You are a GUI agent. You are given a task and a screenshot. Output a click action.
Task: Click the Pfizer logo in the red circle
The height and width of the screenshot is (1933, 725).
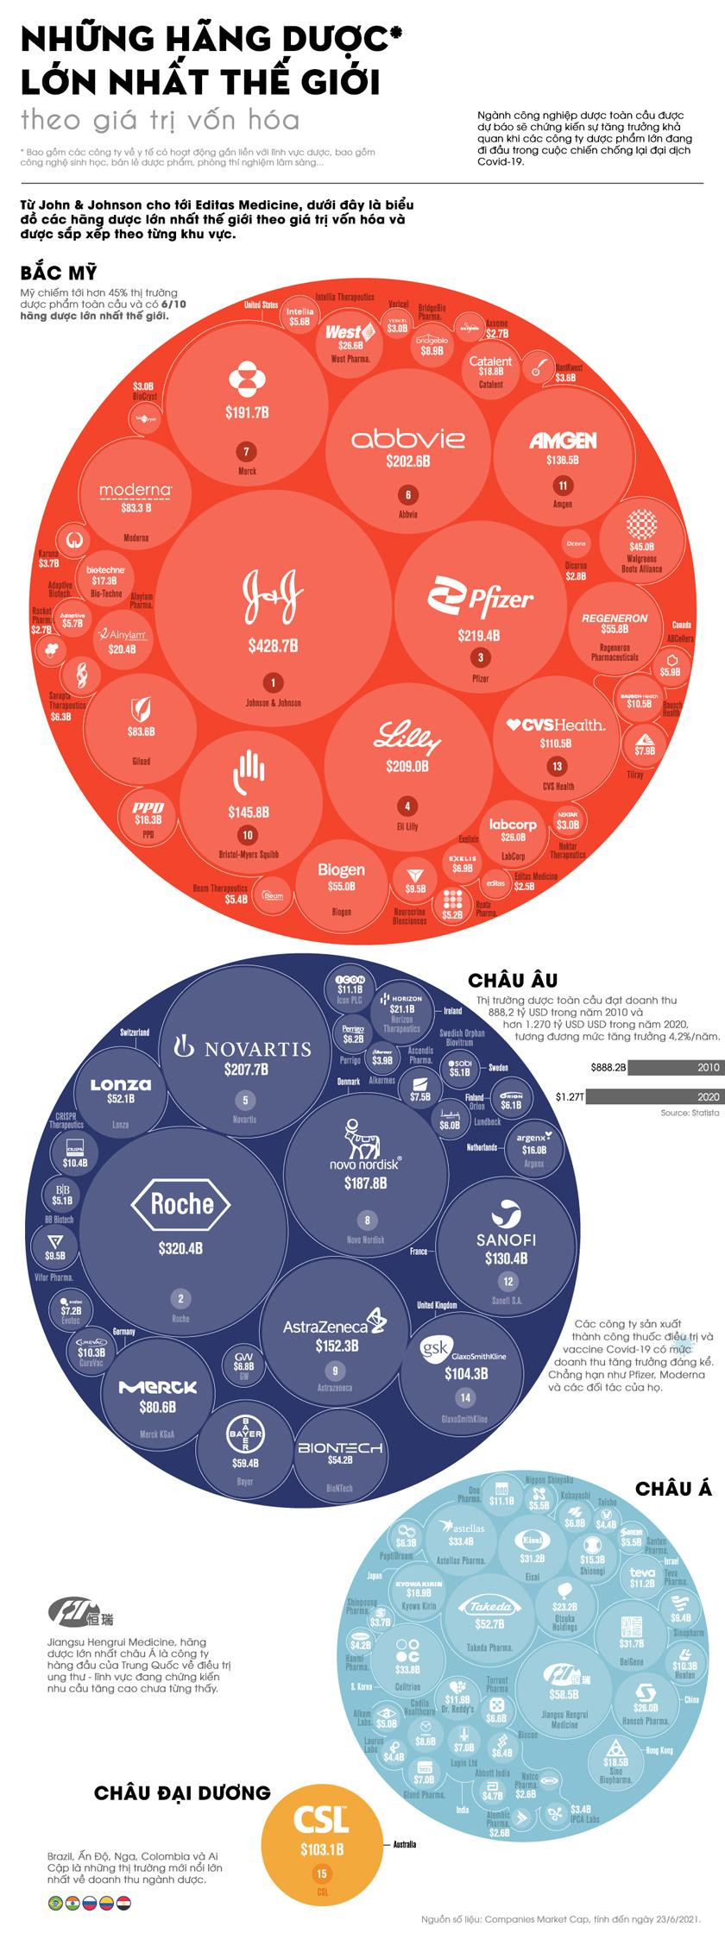click(x=481, y=596)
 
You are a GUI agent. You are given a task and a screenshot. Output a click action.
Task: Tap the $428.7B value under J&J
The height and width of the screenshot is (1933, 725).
click(x=273, y=644)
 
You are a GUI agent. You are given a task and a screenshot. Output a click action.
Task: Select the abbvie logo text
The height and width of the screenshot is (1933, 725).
click(x=407, y=438)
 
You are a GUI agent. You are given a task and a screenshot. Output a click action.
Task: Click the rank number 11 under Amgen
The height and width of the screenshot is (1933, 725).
click(x=563, y=485)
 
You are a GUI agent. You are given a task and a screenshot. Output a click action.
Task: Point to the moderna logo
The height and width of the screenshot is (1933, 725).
click(x=136, y=491)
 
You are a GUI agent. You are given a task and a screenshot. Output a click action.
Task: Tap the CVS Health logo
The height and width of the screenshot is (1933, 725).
click(x=556, y=724)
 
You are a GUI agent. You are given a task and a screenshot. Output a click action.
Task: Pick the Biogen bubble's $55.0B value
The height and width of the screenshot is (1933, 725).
click(x=341, y=886)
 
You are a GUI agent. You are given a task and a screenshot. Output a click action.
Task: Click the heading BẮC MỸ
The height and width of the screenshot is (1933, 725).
click(x=59, y=273)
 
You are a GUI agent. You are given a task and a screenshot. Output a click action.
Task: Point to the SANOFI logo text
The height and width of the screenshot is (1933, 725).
click(x=506, y=1239)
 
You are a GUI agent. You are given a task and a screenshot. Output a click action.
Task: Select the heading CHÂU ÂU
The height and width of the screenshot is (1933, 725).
click(x=512, y=980)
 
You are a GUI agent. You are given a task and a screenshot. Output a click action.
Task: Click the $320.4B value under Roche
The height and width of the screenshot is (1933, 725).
click(x=180, y=1247)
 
